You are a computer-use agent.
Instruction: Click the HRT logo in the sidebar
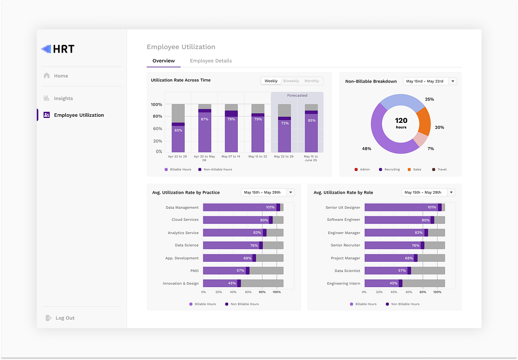click(58, 49)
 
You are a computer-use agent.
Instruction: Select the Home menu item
click(61, 76)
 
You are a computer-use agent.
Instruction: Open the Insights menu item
click(63, 99)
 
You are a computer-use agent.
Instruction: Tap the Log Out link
click(64, 318)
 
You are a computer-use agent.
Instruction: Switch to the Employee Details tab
click(210, 61)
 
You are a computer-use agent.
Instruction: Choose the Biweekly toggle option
click(291, 81)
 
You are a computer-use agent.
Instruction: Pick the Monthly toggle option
click(312, 81)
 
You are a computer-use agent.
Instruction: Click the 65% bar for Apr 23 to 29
click(178, 138)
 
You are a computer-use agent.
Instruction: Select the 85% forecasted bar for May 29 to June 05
click(311, 132)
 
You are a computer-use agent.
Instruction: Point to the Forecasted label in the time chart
click(297, 95)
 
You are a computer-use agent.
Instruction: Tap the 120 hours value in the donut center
click(401, 123)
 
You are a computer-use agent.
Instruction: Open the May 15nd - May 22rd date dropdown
click(430, 81)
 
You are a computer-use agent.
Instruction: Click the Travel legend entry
click(442, 169)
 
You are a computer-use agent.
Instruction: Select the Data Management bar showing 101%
click(240, 207)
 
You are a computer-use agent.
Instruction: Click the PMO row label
click(194, 271)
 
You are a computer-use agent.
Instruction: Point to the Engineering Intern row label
click(343, 284)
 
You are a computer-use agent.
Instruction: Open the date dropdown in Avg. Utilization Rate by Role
click(428, 192)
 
